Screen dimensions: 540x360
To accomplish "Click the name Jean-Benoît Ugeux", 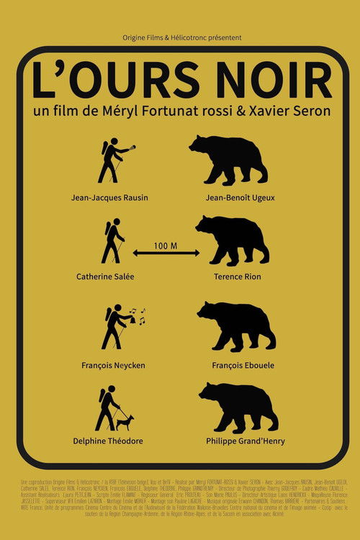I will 240,197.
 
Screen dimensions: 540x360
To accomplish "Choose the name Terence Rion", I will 237,276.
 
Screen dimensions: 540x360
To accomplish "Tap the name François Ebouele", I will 237,365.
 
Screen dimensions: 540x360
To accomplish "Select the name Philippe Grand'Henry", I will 245,441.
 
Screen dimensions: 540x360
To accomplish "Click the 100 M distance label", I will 165,246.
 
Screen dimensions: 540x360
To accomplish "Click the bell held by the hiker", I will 132,315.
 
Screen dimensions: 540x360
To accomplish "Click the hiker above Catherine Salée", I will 112,243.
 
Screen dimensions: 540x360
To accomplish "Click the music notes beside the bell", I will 141,314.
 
